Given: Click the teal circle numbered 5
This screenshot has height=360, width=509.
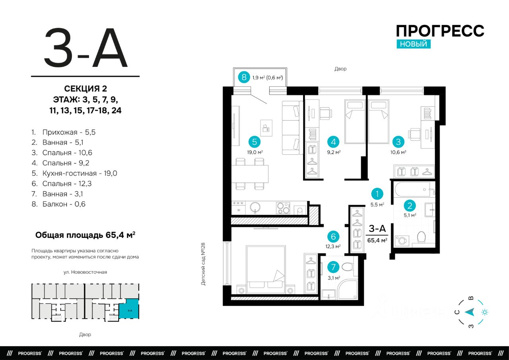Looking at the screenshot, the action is coord(254,142).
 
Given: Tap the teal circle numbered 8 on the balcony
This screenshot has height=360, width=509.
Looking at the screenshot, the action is coord(244,77).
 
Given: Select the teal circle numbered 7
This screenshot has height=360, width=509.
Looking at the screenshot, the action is coord(333,267).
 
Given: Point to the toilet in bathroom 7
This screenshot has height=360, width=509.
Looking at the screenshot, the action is coord(348,267).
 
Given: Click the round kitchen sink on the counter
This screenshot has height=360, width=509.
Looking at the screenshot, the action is coord(255,208).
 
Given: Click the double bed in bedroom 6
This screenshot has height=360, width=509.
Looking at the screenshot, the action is coord(266,270).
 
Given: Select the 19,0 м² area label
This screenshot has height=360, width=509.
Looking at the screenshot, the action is coord(255,152).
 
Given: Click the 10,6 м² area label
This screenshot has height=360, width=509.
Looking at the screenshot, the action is coord(398,152).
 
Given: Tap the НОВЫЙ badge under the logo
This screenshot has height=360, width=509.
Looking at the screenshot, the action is coord(414,44).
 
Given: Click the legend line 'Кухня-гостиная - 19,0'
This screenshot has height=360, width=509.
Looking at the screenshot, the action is coord(74,173).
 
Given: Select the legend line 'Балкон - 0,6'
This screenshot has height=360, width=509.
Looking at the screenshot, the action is coord(58,204).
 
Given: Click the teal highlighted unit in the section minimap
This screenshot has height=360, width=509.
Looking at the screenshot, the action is coord(129,309).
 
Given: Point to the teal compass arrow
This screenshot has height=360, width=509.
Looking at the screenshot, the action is coord(469,312).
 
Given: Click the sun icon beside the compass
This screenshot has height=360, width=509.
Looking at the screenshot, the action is coord(485,312).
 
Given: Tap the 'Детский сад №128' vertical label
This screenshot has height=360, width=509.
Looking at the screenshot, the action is coord(203,264).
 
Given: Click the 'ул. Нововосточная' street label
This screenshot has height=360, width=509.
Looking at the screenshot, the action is coord(85,272).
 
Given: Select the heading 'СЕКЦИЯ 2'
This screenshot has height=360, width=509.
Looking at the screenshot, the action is coord(85,88).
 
